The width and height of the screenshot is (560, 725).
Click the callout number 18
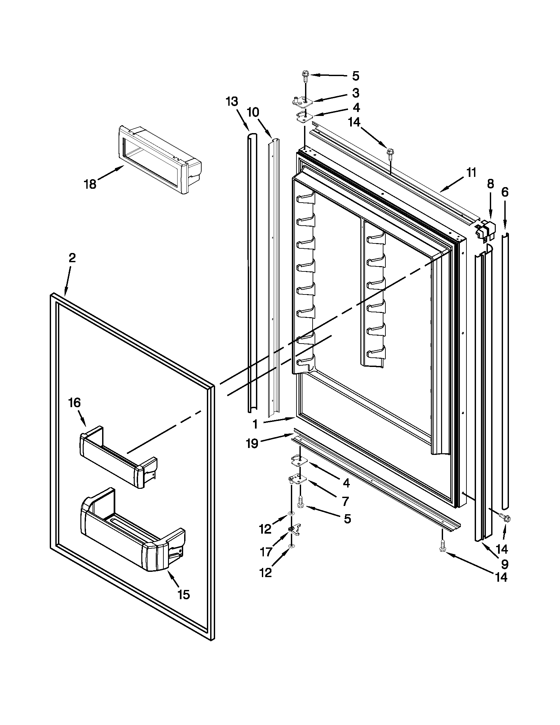[x=90, y=184]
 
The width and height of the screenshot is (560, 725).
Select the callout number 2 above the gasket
[x=72, y=258]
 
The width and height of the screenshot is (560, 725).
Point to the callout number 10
[x=253, y=112]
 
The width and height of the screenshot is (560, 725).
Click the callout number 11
[x=471, y=173]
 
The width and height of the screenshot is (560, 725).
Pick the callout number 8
[x=490, y=183]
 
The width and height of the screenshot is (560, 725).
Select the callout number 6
[x=505, y=192]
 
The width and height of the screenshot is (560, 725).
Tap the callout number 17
[x=266, y=552]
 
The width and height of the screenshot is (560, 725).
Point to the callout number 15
[x=183, y=595]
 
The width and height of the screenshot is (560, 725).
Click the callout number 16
[x=74, y=403]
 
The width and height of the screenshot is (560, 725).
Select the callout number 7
[x=345, y=501]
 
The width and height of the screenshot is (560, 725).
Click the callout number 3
[x=355, y=93]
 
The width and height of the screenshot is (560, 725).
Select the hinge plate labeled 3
[x=302, y=101]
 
